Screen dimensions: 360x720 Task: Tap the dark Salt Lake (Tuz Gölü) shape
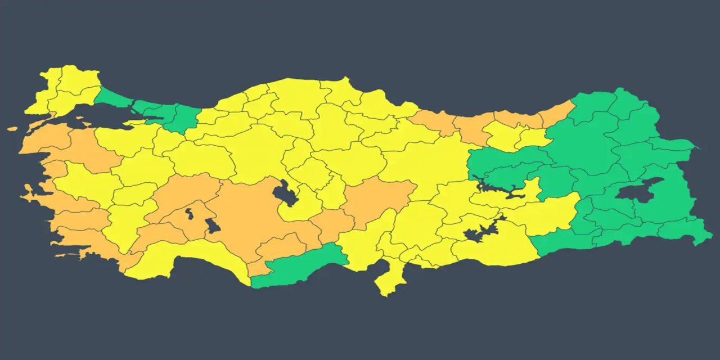283,192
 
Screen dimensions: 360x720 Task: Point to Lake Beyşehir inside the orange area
212,226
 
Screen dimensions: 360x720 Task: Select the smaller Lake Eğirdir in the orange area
190,213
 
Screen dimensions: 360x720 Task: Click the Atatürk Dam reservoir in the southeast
481,231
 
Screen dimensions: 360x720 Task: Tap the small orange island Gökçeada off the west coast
12,129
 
